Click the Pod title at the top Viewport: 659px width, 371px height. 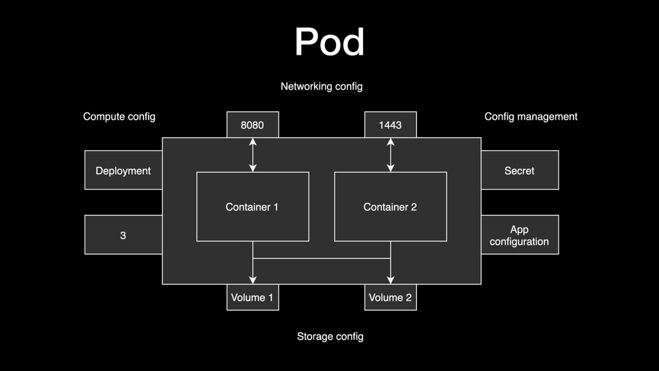pyautogui.click(x=329, y=42)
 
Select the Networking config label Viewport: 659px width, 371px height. pyautogui.click(x=322, y=86)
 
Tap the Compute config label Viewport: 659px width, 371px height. pyautogui.click(x=119, y=117)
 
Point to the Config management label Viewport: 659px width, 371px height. pyautogui.click(x=530, y=117)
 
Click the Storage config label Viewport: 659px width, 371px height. pyautogui.click(x=330, y=336)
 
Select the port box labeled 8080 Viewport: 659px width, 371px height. pyautogui.click(x=252, y=125)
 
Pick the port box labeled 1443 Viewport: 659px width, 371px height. pyautogui.click(x=390, y=125)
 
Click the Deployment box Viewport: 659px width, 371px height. pyautogui.click(x=123, y=170)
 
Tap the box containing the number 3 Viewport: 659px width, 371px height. pyautogui.click(x=123, y=235)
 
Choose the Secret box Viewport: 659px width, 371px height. pyautogui.click(x=519, y=170)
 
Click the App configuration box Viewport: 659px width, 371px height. pyautogui.click(x=519, y=235)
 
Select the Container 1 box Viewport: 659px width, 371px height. pyautogui.click(x=252, y=207)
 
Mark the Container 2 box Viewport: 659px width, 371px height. pyautogui.click(x=390, y=207)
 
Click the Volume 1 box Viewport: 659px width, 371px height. pyautogui.click(x=252, y=298)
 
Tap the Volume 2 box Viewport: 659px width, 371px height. pyautogui.click(x=390, y=298)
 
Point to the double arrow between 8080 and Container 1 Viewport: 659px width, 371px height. pyautogui.click(x=253, y=155)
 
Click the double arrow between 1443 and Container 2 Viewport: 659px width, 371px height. pyautogui.click(x=391, y=155)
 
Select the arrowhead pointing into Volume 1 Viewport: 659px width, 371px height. pyautogui.click(x=253, y=280)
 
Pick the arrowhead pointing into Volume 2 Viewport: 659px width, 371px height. pyautogui.click(x=391, y=280)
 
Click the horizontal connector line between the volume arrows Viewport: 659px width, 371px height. pyautogui.click(x=322, y=258)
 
